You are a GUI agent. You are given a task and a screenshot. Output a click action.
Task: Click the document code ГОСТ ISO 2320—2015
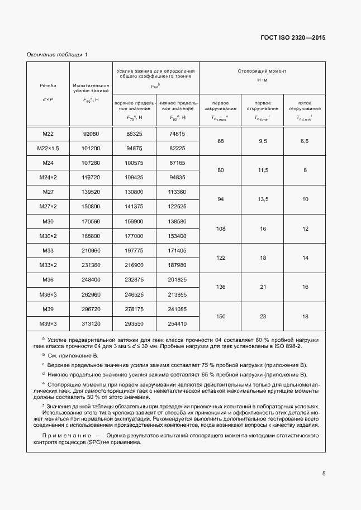[293, 38]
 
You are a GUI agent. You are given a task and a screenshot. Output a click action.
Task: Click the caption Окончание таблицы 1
[58, 54]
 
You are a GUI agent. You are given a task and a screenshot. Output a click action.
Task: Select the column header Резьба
[47, 86]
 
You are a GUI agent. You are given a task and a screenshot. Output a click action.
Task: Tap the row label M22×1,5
[47, 149]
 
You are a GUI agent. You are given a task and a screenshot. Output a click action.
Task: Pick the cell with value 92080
[91, 134]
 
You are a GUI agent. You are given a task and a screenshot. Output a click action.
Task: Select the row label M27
[47, 191]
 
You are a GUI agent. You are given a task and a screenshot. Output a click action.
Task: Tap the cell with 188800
[91, 236]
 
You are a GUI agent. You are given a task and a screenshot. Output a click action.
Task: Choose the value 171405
[177, 250]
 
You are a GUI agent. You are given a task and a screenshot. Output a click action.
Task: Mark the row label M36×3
[47, 294]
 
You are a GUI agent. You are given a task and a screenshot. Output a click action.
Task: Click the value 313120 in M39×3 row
[91, 323]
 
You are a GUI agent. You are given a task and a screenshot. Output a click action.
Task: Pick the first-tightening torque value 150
[221, 316]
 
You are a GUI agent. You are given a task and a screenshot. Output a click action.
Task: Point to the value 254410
[177, 323]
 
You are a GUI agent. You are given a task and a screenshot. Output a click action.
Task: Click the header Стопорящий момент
[263, 72]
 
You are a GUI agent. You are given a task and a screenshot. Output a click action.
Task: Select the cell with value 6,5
[305, 141]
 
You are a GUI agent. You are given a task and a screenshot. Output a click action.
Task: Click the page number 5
[324, 474]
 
